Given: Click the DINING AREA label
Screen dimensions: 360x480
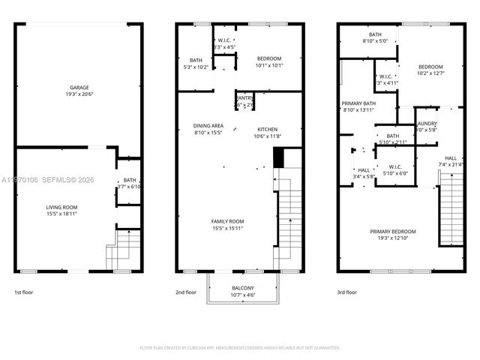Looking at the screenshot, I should click(208, 126).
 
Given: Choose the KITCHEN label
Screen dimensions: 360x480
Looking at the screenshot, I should click(268, 129).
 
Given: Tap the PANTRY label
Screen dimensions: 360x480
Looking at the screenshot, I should click(244, 97).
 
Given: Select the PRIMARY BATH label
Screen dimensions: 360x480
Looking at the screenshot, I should click(357, 103).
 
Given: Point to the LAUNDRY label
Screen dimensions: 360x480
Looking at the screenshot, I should click(427, 122).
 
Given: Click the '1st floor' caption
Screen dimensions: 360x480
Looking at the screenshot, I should click(24, 292).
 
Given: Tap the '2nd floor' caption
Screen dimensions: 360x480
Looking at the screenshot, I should click(185, 292).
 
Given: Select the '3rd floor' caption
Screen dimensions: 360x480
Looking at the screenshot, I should click(346, 292).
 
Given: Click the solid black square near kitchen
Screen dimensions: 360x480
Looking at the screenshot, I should click(279, 158).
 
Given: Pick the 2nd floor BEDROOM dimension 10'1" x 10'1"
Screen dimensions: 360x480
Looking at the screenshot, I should click(268, 65).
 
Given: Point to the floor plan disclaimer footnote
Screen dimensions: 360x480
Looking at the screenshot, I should click(240, 347).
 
